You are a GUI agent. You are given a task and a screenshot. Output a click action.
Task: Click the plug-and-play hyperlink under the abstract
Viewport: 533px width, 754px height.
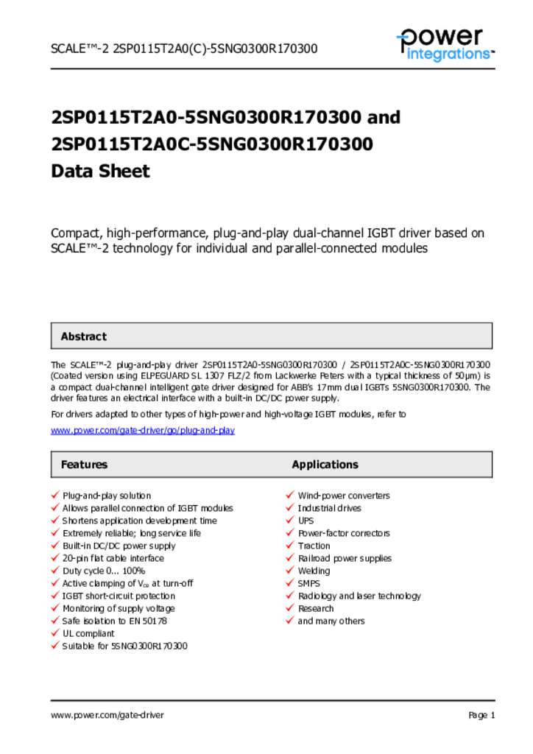142,430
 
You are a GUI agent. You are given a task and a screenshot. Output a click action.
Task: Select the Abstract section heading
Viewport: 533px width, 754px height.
83,337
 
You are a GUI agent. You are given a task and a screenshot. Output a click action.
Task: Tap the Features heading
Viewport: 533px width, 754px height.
84,465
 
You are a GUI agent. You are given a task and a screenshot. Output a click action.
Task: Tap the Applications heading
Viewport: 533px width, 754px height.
325,465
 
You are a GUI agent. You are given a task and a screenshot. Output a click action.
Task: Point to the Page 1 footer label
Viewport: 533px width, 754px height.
481,715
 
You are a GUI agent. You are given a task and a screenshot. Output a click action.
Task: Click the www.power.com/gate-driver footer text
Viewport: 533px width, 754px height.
107,715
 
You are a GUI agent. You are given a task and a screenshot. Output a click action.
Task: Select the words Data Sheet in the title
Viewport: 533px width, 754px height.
100,172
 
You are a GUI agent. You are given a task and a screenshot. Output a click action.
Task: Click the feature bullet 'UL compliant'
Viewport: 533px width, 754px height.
88,633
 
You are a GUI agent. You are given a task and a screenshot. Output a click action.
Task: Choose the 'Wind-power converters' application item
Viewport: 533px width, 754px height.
344,496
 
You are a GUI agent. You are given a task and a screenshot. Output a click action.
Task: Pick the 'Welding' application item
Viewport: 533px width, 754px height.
314,571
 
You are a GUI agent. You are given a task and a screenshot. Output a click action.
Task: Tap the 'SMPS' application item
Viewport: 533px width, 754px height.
309,583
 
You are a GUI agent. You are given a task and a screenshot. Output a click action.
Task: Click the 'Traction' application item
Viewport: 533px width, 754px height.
314,546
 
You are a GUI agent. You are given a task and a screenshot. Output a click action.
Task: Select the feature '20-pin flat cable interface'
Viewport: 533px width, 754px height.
113,558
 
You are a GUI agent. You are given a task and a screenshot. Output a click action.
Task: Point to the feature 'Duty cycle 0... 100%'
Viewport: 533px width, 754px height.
104,571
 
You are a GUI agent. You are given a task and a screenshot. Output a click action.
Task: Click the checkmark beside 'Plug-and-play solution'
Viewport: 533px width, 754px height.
54,496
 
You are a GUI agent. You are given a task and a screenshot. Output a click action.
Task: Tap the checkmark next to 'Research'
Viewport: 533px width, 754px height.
290,608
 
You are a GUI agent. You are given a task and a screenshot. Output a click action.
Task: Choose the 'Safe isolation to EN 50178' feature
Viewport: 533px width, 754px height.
115,621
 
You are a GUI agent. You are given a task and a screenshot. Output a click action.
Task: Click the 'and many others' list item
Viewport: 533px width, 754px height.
331,621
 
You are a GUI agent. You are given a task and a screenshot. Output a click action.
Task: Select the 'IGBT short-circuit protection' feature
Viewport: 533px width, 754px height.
119,596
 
